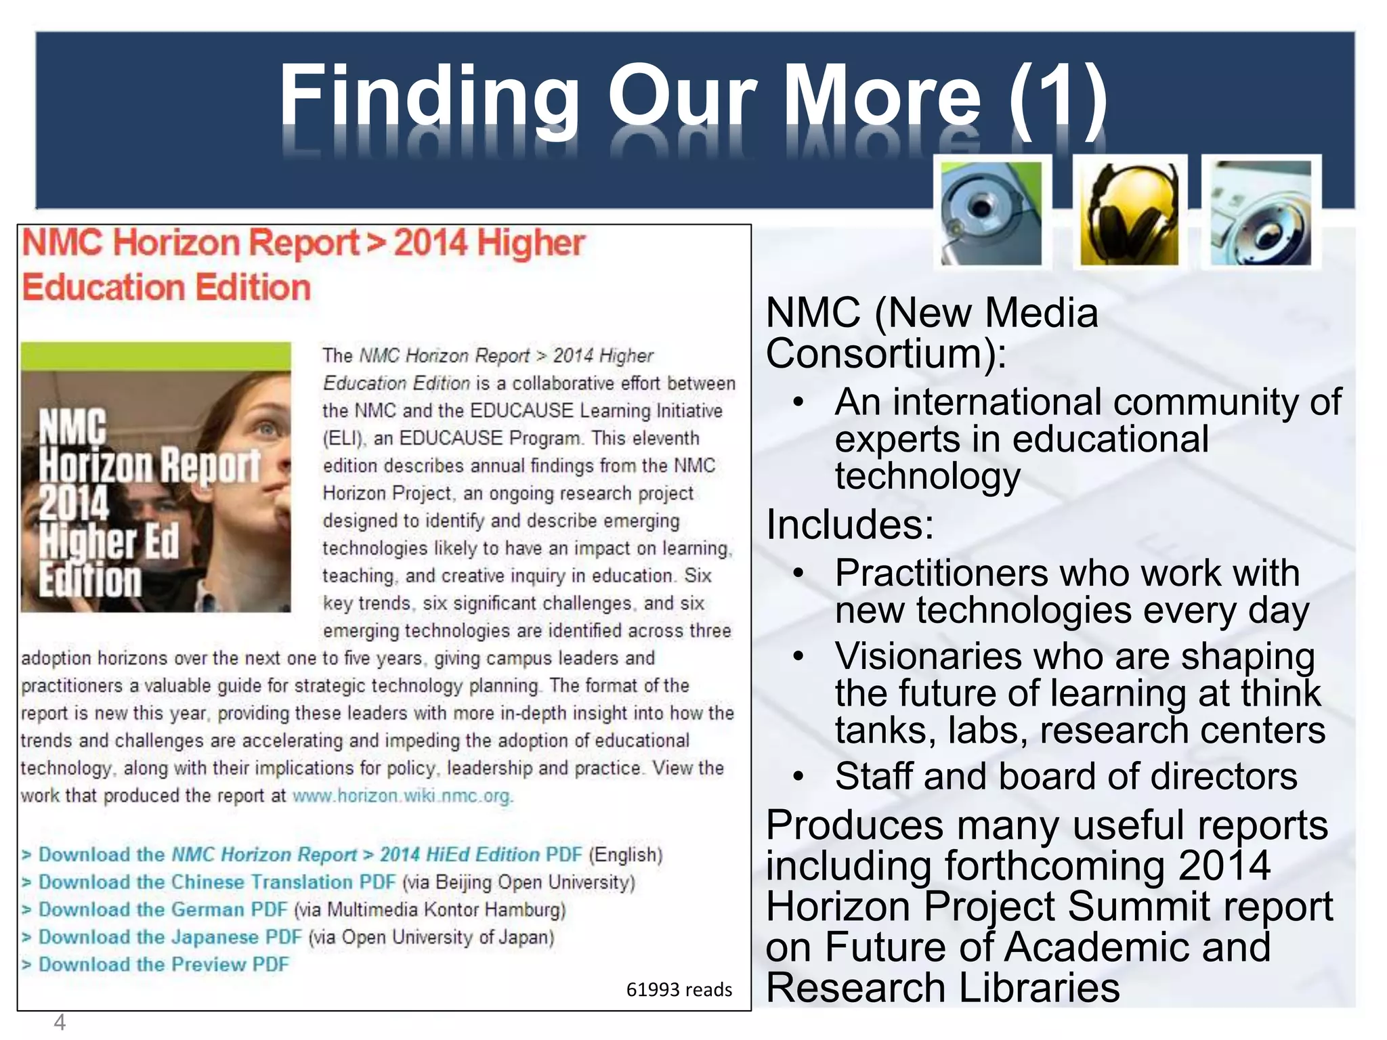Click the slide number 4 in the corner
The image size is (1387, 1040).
60,1022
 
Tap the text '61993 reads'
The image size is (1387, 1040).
679,990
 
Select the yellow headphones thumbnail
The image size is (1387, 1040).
1129,213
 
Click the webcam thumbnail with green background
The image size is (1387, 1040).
992,213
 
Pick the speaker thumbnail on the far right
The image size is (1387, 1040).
1261,213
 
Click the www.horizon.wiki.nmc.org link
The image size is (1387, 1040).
402,796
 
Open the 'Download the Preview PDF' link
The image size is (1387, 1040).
163,964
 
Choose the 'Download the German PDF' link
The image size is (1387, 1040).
163,909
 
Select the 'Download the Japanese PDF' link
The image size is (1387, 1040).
169,937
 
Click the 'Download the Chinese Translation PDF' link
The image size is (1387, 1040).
217,882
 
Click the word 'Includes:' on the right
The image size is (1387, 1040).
850,525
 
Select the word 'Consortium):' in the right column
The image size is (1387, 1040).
886,354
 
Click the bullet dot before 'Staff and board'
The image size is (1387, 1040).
798,777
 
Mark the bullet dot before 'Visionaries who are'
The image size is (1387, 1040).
798,657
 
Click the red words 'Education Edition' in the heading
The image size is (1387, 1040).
167,287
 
